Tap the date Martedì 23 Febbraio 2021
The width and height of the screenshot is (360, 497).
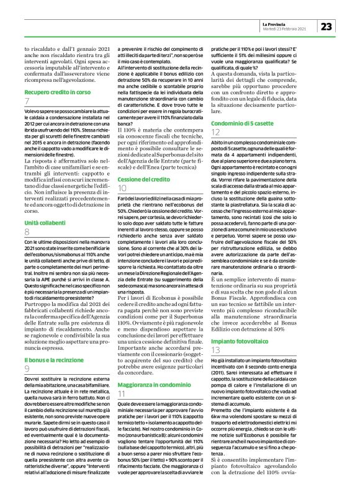pos(286,29)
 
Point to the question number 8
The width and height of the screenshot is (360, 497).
pos(27,231)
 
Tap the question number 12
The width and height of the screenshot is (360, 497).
pos(215,133)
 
